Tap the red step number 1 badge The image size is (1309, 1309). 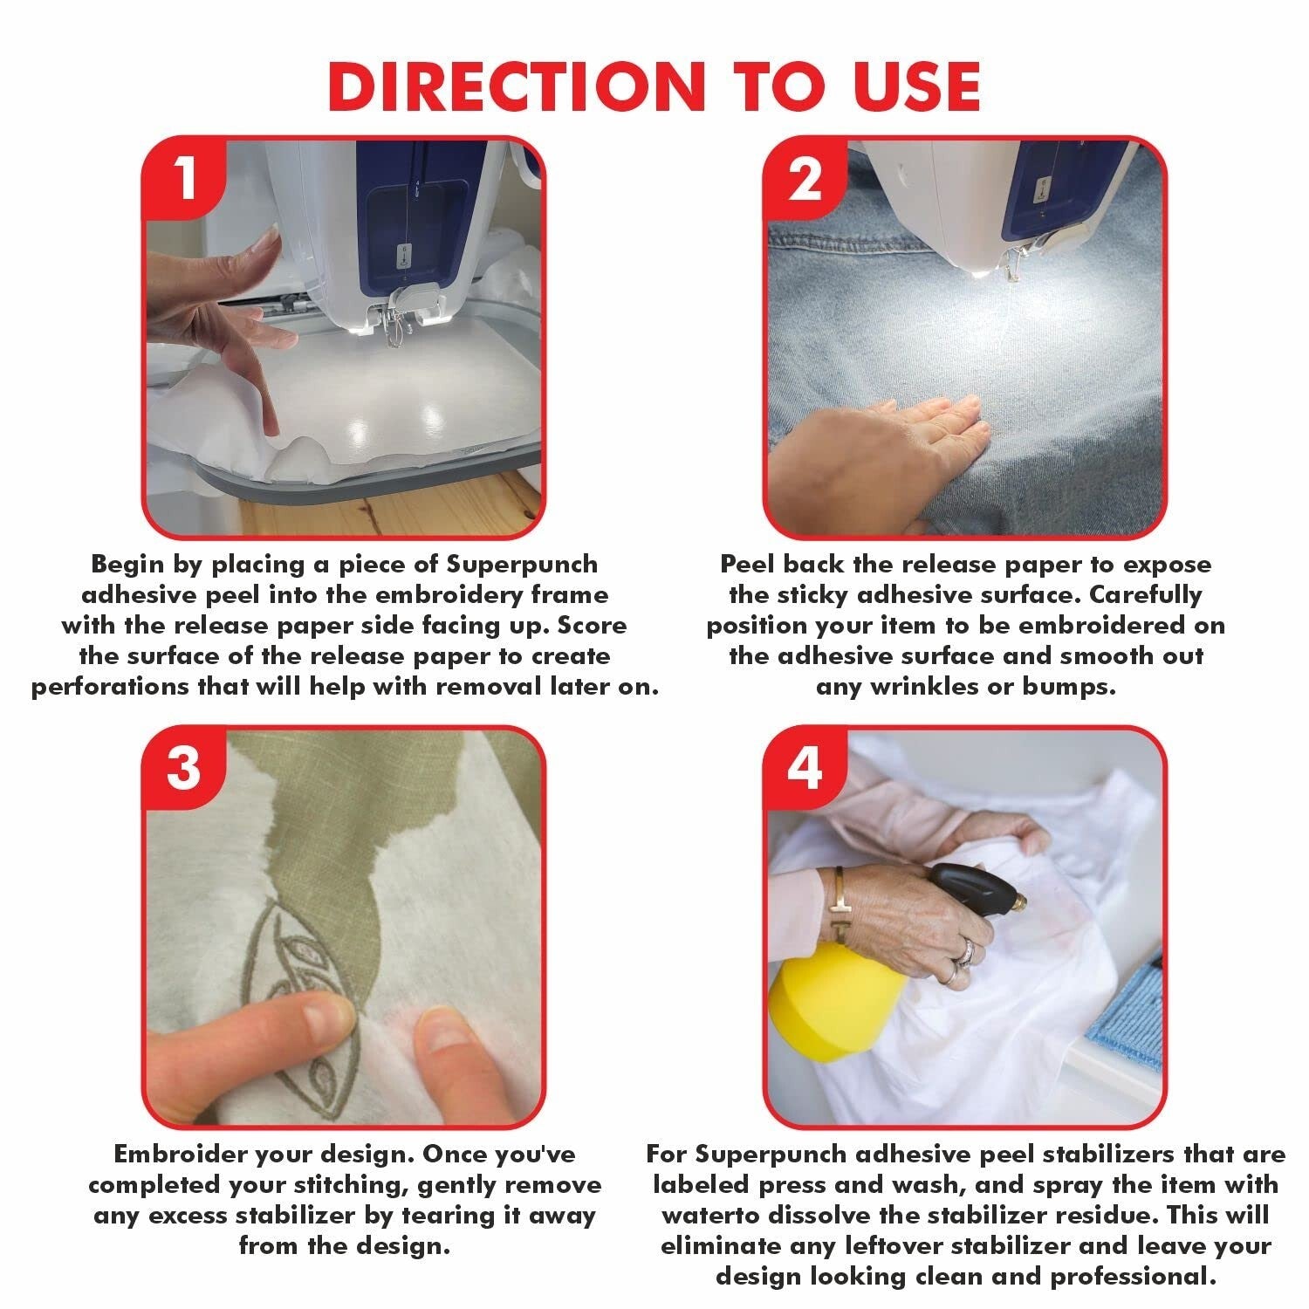[184, 181]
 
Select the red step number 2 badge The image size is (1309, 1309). [805, 181]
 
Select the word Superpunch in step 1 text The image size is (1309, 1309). [523, 565]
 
